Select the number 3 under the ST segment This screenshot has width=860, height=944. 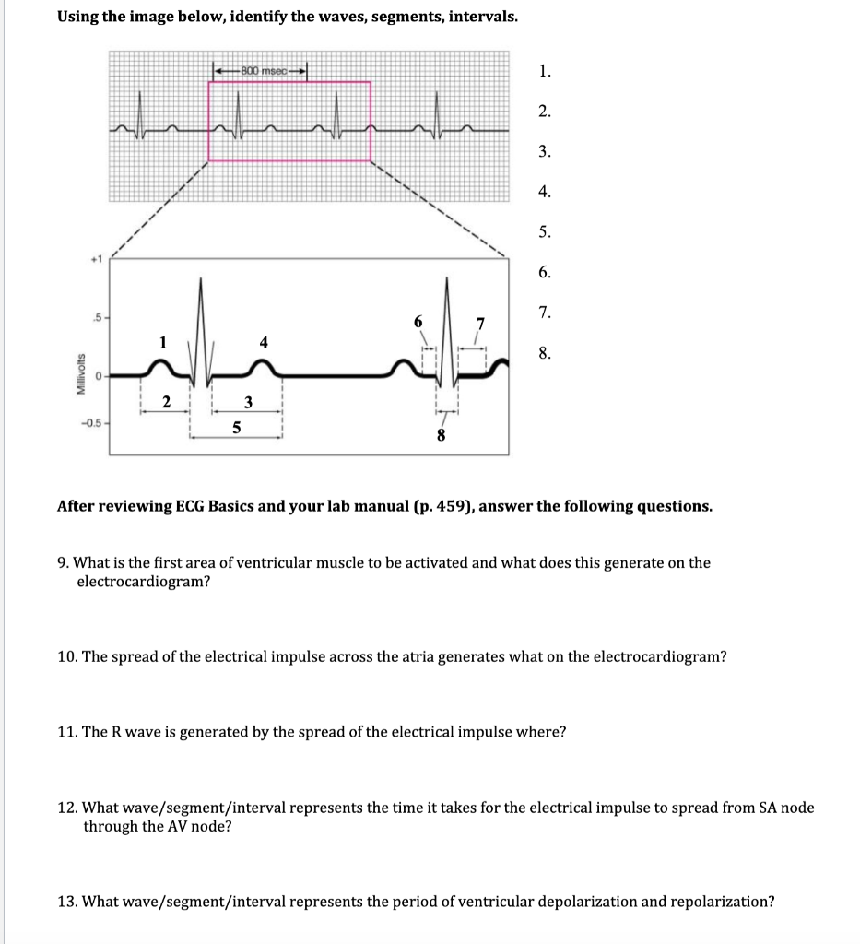247,402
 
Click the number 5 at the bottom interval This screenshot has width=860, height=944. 236,428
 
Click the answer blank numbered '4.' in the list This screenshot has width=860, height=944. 546,192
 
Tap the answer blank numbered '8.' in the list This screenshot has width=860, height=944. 546,352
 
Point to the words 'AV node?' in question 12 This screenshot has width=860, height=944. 202,826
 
